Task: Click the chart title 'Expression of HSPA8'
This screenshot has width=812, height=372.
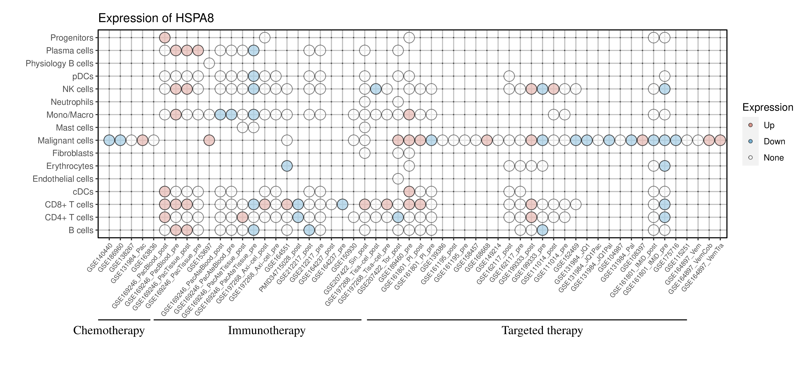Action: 156,18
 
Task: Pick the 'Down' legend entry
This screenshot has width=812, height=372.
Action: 774,141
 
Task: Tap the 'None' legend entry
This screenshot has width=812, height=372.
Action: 773,158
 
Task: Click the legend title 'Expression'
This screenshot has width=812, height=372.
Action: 768,107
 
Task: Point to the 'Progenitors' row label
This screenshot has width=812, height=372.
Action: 72,38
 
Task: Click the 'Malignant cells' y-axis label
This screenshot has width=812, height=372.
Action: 66,140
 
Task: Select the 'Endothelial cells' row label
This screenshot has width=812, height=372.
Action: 63,179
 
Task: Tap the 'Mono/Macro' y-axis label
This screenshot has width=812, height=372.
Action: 70,115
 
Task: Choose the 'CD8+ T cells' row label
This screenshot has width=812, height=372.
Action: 69,205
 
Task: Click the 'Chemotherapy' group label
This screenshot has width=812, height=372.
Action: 109,331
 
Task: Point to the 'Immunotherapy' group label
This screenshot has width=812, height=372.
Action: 267,331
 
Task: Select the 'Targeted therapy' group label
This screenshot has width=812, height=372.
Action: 542,331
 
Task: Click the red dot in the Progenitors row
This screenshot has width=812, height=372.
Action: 165,38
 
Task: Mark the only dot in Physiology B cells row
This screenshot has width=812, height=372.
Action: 209,63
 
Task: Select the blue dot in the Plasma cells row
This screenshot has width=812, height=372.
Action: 254,51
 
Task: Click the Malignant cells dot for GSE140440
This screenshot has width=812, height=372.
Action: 109,140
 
